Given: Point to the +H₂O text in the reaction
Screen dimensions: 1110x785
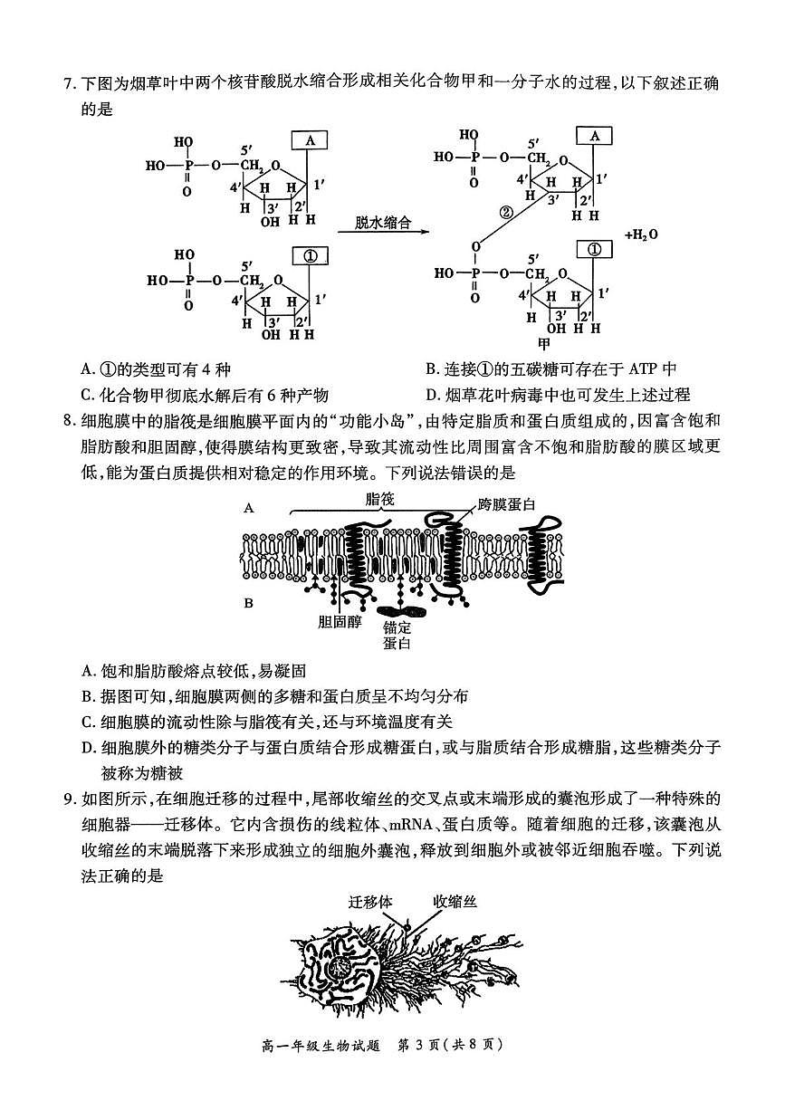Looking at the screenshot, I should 641,234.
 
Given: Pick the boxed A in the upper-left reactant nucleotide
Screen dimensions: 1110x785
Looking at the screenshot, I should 311,140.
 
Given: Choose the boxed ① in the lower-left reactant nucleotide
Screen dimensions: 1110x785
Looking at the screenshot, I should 311,256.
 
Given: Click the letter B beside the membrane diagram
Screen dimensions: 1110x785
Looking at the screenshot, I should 248,601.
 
